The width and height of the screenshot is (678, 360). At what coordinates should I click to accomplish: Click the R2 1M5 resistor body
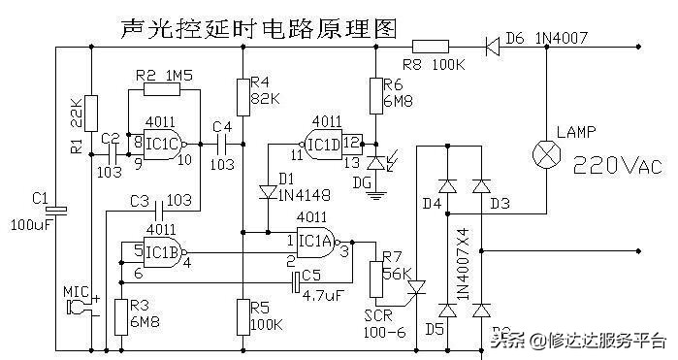click(x=163, y=90)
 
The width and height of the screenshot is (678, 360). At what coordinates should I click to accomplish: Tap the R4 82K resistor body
click(x=242, y=95)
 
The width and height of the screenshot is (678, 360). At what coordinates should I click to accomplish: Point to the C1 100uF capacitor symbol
click(x=55, y=210)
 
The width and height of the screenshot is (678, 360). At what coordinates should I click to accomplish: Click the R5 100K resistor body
click(x=242, y=315)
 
